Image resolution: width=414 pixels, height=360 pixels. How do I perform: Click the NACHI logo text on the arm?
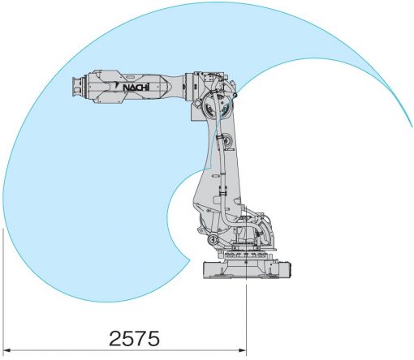136,88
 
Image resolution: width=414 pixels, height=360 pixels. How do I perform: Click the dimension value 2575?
134,338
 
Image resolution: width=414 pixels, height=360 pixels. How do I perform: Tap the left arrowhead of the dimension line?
6,350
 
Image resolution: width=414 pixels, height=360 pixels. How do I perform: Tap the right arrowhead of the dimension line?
243,350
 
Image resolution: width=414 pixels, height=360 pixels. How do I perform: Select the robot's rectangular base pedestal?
247,270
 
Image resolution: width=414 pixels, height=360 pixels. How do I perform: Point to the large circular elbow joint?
218,105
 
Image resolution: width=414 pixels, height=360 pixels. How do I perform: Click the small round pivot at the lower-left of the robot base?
213,239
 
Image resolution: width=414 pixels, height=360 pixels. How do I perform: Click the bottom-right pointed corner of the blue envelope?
189,259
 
